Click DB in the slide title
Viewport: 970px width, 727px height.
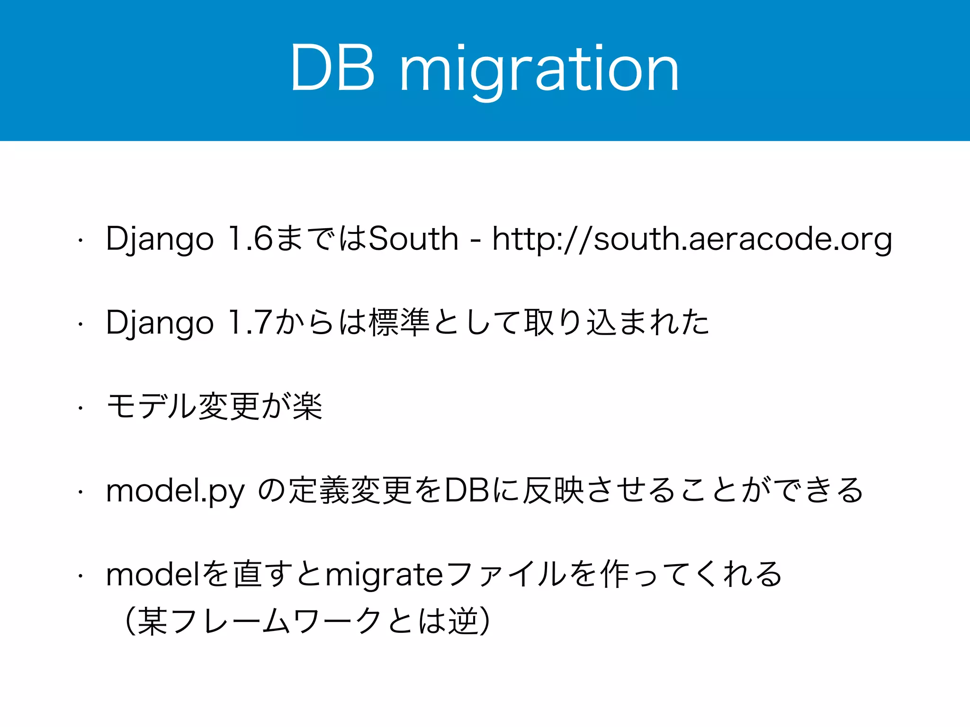pos(333,69)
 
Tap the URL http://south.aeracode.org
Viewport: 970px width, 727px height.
pos(692,239)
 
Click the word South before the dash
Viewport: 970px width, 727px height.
pos(413,239)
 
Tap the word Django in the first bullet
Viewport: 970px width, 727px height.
pos(160,239)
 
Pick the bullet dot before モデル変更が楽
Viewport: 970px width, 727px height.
pos(81,408)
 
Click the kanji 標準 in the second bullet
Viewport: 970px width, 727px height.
pos(399,322)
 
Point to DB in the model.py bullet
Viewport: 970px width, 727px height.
pos(467,490)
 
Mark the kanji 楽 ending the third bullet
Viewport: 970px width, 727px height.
pos(308,407)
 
